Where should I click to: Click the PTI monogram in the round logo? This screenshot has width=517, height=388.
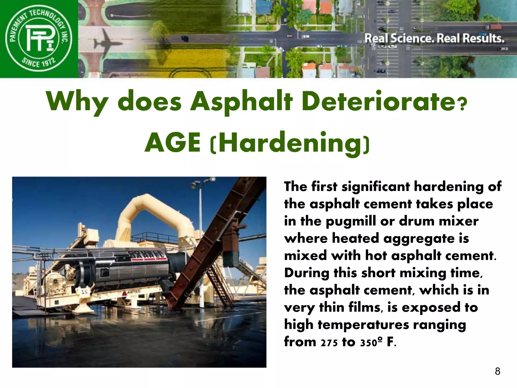[39, 38]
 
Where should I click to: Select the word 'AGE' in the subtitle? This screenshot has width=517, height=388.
[173, 143]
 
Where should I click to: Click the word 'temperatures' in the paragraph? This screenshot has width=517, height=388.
[363, 325]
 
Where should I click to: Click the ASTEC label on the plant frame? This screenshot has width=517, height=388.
[134, 292]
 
